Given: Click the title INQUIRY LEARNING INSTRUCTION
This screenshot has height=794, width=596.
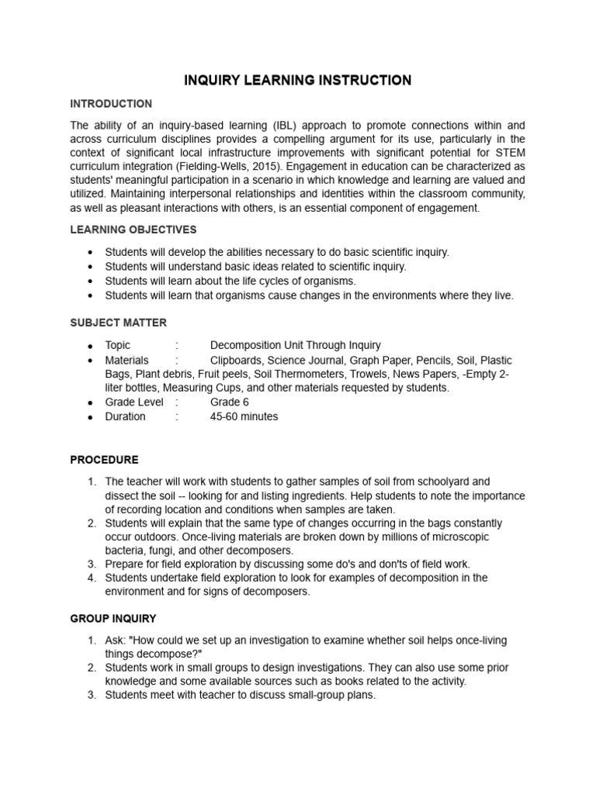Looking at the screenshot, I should [297, 81].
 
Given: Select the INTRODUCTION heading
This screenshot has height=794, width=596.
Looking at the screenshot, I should [111, 104].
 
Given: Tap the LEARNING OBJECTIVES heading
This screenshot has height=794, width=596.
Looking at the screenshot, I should [133, 230].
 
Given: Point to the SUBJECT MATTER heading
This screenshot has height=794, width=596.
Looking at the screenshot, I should [119, 323].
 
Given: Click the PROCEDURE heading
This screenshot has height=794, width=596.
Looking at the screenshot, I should [105, 460].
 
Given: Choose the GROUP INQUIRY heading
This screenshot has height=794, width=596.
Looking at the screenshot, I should [113, 619].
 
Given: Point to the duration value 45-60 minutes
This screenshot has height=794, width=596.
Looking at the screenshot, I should [244, 416].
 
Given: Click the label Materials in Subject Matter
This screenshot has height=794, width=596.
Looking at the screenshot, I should [126, 361].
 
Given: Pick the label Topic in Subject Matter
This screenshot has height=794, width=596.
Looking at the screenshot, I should [118, 345].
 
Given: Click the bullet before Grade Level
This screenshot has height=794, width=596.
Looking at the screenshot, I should [91, 403].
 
